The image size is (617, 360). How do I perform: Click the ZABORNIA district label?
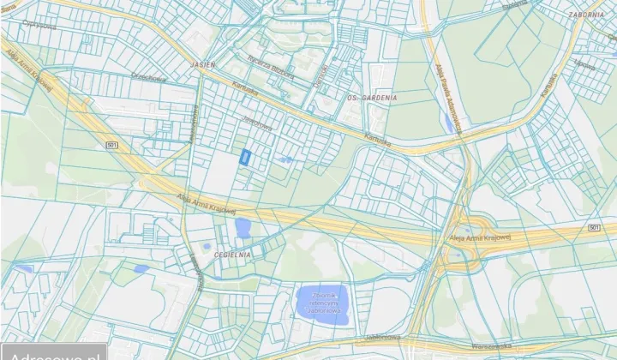(586, 15)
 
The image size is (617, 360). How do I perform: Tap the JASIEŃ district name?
(205, 65)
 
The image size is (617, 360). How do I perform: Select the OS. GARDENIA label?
(371, 99)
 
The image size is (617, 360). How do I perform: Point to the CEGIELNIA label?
(233, 254)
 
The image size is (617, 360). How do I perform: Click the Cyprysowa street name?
(39, 25)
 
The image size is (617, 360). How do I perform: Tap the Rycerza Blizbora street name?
(271, 68)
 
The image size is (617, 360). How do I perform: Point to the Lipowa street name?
(584, 65)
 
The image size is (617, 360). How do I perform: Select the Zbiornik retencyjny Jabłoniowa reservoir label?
(323, 303)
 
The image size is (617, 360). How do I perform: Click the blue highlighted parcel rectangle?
(246, 157)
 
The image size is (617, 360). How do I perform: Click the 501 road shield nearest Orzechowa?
(112, 146)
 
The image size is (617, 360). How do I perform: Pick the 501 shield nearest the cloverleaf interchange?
(595, 227)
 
